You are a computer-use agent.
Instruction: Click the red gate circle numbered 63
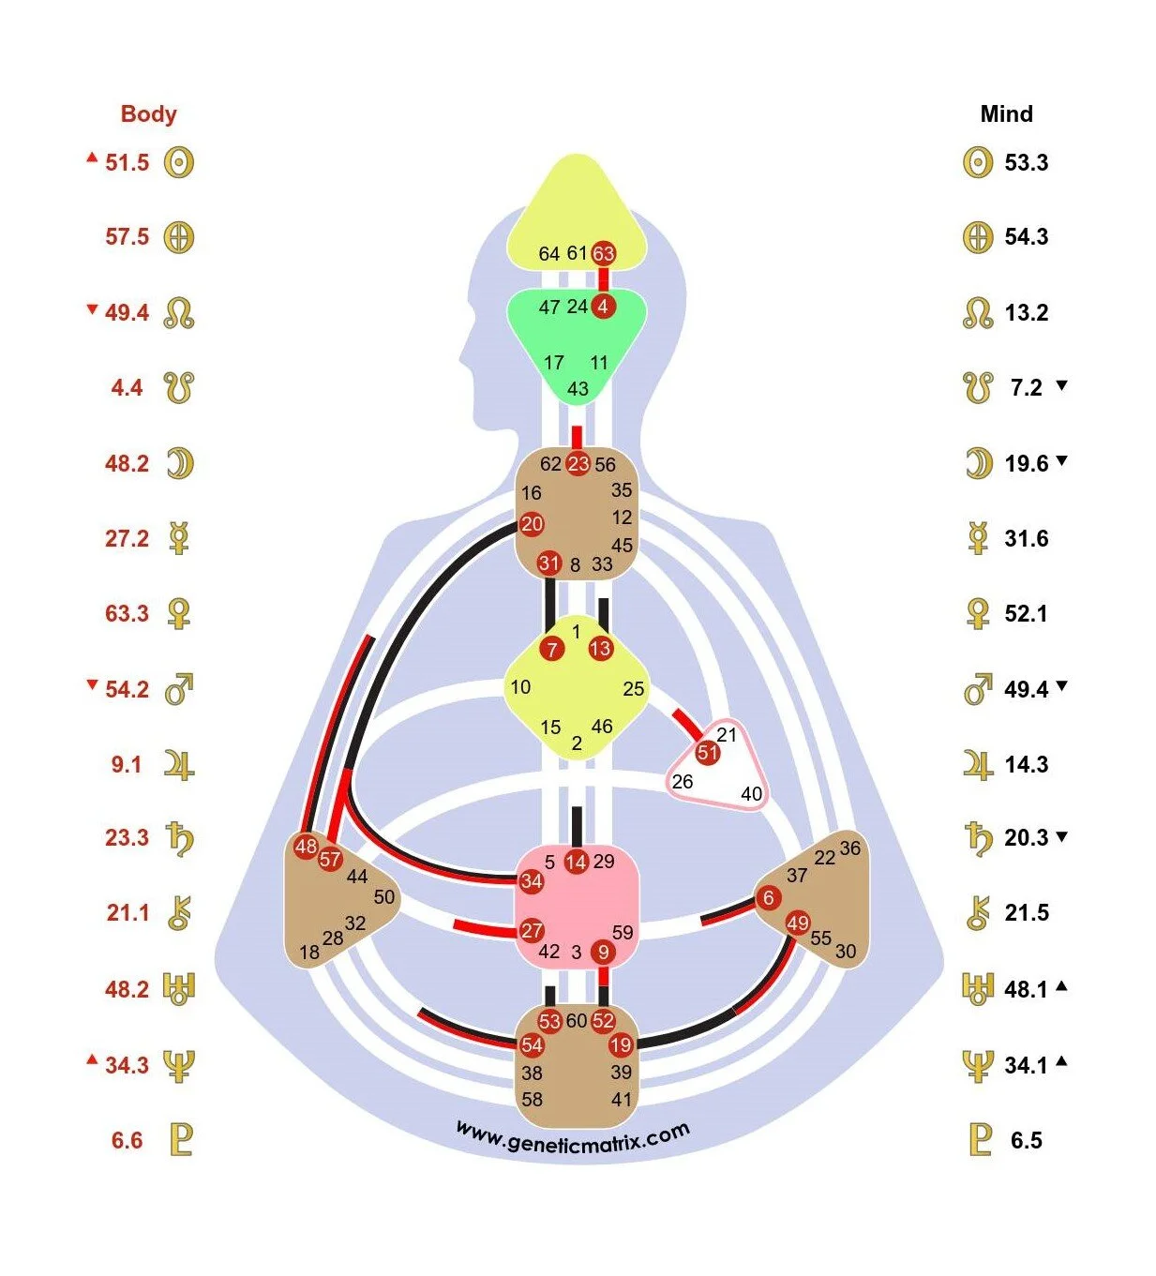point(603,253)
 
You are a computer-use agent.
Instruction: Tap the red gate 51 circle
point(708,753)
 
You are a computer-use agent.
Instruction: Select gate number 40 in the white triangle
point(751,794)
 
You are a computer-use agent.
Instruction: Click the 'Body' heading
point(148,114)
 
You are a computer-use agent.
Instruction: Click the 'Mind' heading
point(1006,114)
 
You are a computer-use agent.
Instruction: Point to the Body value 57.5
point(127,237)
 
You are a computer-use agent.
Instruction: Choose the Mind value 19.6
point(1026,463)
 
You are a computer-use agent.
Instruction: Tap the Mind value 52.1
point(1026,614)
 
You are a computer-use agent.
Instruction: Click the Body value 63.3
point(127,614)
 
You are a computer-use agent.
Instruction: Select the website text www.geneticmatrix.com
point(573,1137)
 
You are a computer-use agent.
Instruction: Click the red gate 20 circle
point(532,524)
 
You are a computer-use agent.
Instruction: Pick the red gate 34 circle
point(532,881)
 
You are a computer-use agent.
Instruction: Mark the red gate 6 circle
point(769,898)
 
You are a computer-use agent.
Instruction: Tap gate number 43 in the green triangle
point(578,389)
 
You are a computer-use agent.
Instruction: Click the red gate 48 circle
point(306,847)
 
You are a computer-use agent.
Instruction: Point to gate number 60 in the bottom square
point(577,1021)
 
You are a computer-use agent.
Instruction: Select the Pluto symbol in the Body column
point(180,1140)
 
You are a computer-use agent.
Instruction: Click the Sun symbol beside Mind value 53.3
point(977,162)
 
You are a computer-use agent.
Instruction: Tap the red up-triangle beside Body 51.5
point(92,158)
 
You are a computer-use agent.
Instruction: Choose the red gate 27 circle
point(532,930)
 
